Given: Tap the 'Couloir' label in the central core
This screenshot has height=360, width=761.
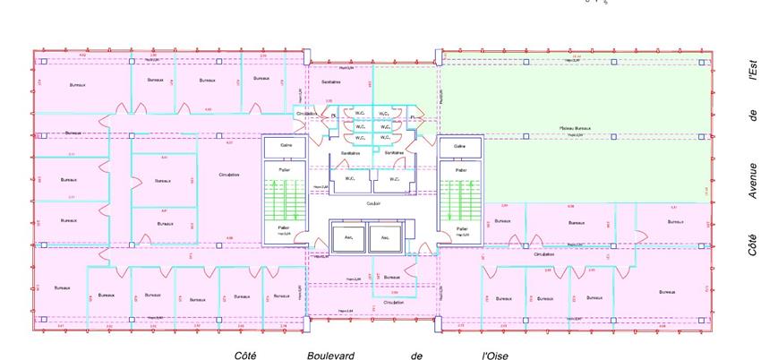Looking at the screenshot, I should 372,203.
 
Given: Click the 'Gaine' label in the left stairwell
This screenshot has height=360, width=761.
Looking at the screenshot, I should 286,145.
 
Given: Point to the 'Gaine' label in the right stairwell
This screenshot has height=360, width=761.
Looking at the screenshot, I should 460,145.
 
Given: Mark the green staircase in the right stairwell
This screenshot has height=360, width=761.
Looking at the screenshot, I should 460,199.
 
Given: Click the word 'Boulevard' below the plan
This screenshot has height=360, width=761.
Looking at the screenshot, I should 330,356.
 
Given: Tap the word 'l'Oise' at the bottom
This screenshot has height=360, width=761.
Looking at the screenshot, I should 495,356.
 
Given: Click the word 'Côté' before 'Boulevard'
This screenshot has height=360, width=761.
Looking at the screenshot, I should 246,356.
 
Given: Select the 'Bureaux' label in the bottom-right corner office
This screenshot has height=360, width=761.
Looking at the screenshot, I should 663,292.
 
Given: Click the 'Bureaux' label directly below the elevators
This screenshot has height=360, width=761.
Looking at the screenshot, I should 386,278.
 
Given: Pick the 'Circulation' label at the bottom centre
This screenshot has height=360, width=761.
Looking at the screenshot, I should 394,303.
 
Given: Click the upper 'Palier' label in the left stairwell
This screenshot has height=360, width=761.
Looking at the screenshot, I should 286,169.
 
